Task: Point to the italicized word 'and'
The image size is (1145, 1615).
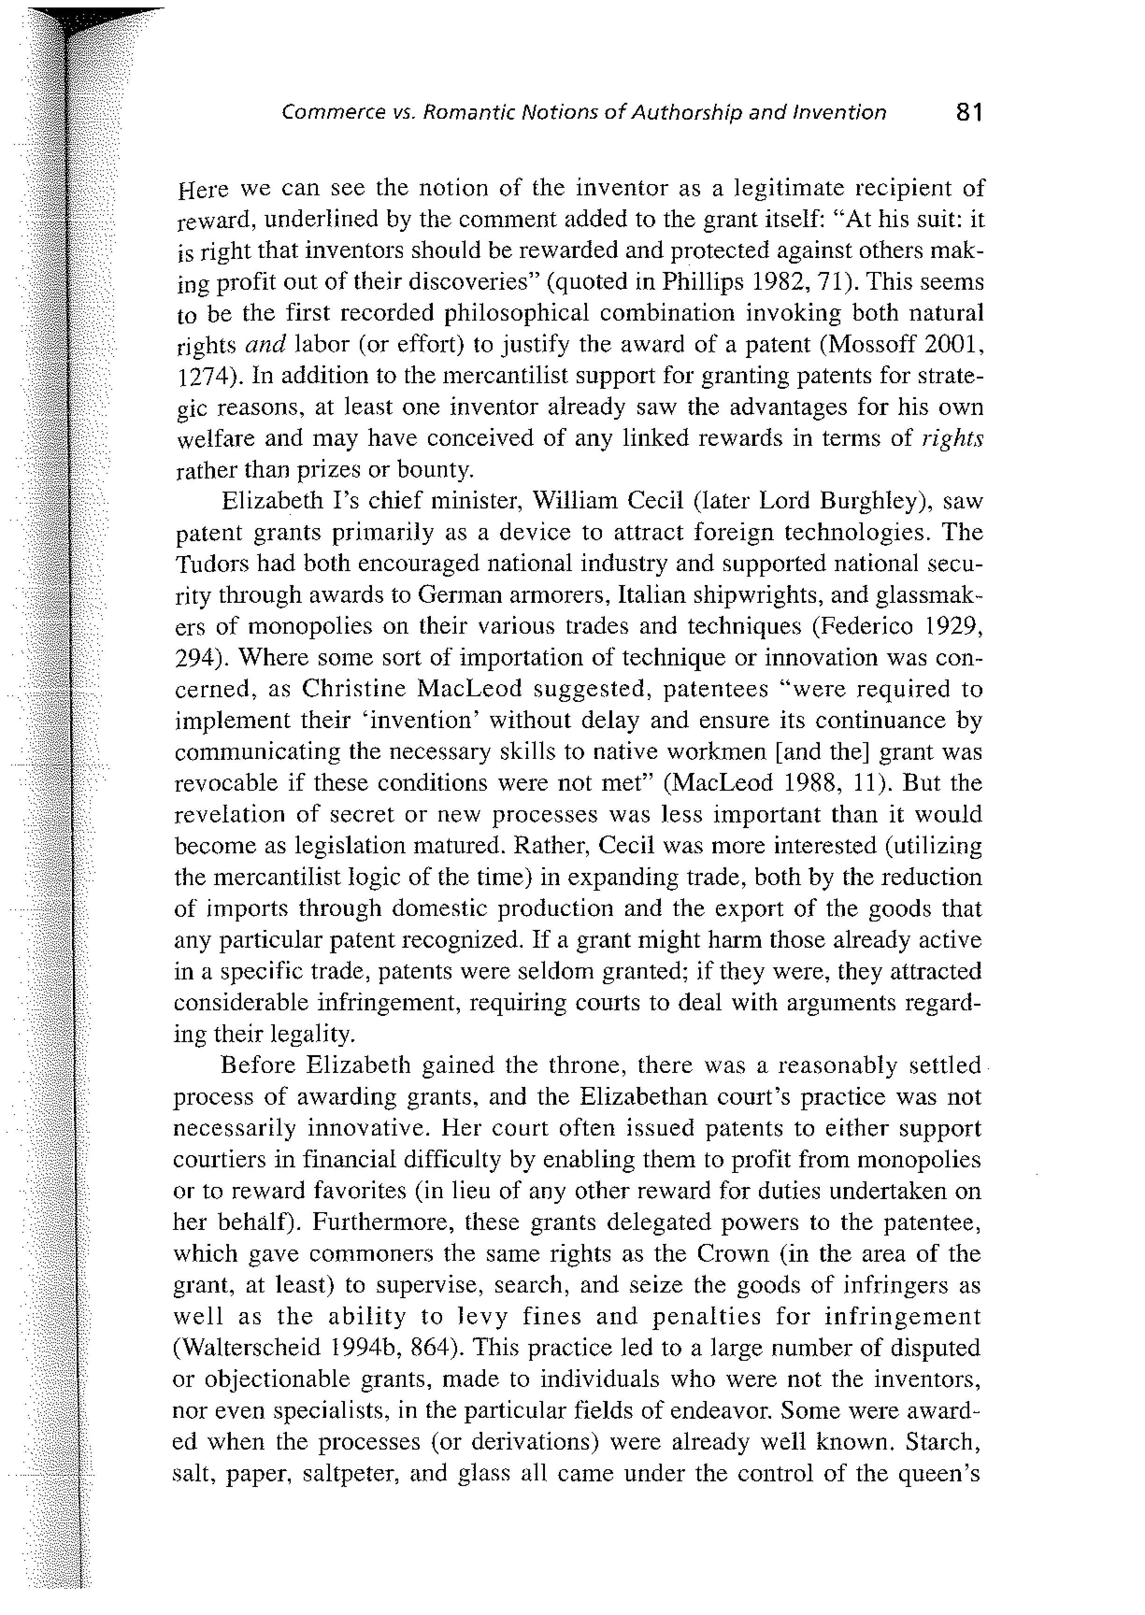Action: coord(265,345)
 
